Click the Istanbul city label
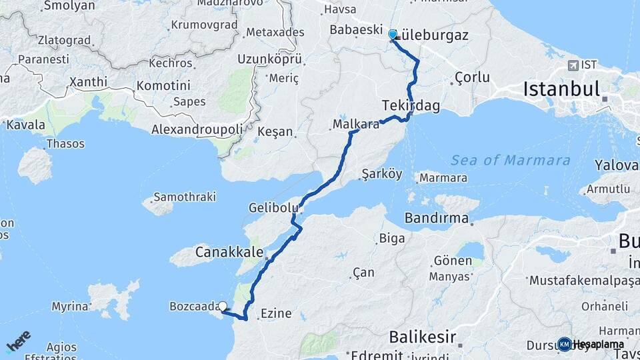(562, 88)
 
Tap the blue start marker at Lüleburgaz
(392, 34)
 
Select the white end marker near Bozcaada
(223, 307)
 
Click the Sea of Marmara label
(511, 160)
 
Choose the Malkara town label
(356, 124)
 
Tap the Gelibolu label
(273, 208)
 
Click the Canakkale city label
(227, 252)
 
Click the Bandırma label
(437, 218)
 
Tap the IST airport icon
(573, 65)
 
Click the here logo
(18, 341)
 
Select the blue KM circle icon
(564, 344)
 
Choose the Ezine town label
(276, 313)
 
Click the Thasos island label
(65, 143)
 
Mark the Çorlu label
(472, 77)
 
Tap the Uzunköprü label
(271, 59)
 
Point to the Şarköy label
(381, 174)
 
